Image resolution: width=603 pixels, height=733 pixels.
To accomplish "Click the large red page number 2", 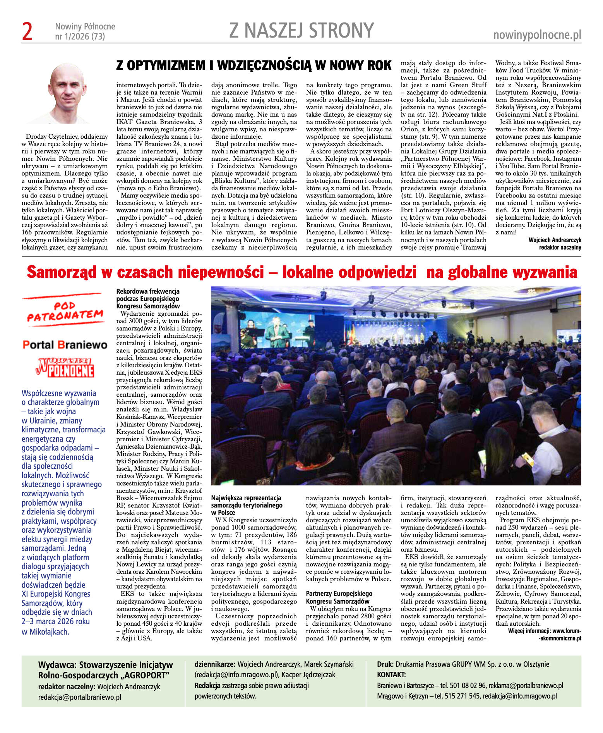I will coord(27,32).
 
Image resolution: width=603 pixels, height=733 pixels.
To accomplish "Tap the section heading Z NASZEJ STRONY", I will coord(301,31).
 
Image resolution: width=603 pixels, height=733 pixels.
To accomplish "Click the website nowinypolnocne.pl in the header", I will coord(537,35).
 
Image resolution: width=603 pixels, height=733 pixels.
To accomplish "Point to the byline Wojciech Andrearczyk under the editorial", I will coord(555,240).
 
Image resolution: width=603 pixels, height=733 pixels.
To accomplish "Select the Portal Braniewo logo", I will coord(65,345).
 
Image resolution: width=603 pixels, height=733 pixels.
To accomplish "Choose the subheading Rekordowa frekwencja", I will coord(148,291).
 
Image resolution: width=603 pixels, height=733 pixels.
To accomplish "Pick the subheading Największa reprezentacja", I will coord(246,498).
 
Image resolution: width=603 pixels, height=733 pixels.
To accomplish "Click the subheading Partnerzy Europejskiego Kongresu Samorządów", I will coord(339,597).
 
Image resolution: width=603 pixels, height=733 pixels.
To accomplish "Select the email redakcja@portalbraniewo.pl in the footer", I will coord(79,697).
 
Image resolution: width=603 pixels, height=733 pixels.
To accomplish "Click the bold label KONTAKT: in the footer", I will coord(391,674).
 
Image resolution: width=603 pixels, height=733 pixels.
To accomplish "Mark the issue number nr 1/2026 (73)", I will coord(80,37).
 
